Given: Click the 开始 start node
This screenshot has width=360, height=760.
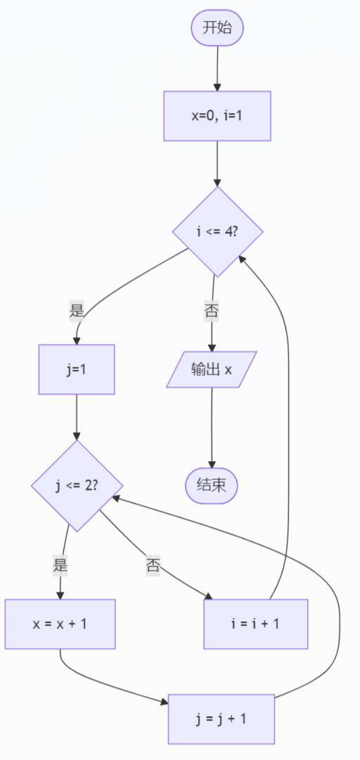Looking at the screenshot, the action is click(x=218, y=28).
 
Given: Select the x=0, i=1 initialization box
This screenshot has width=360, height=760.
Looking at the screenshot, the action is click(x=218, y=116).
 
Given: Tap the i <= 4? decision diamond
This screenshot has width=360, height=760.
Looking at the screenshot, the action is click(x=218, y=231).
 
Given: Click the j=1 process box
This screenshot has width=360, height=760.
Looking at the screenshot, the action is click(x=76, y=370).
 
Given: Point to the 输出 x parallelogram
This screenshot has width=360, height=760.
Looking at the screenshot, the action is click(x=211, y=370).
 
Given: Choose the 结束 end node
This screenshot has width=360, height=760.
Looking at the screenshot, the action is click(x=211, y=486).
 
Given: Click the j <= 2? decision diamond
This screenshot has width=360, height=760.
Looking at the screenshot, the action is click(x=77, y=486).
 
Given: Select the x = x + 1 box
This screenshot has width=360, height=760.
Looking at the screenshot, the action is click(x=60, y=624).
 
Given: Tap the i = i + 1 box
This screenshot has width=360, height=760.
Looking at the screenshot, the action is click(x=256, y=624).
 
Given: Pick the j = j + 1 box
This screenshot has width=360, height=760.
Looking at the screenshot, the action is click(x=222, y=719).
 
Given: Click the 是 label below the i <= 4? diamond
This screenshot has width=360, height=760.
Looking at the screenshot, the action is click(x=76, y=309).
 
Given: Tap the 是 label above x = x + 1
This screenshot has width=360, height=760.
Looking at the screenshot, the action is click(x=60, y=565).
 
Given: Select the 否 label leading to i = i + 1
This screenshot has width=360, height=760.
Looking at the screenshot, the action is click(x=153, y=565).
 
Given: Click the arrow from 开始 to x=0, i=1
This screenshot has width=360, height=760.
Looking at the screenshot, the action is click(x=218, y=69).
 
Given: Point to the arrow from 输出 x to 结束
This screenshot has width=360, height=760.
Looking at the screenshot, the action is click(x=212, y=428).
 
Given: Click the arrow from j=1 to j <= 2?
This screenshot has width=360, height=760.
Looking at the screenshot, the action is click(x=76, y=417).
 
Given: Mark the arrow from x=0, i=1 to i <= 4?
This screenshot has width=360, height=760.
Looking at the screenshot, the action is click(x=218, y=164).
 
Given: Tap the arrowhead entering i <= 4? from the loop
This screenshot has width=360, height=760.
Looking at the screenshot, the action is click(x=242, y=259).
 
